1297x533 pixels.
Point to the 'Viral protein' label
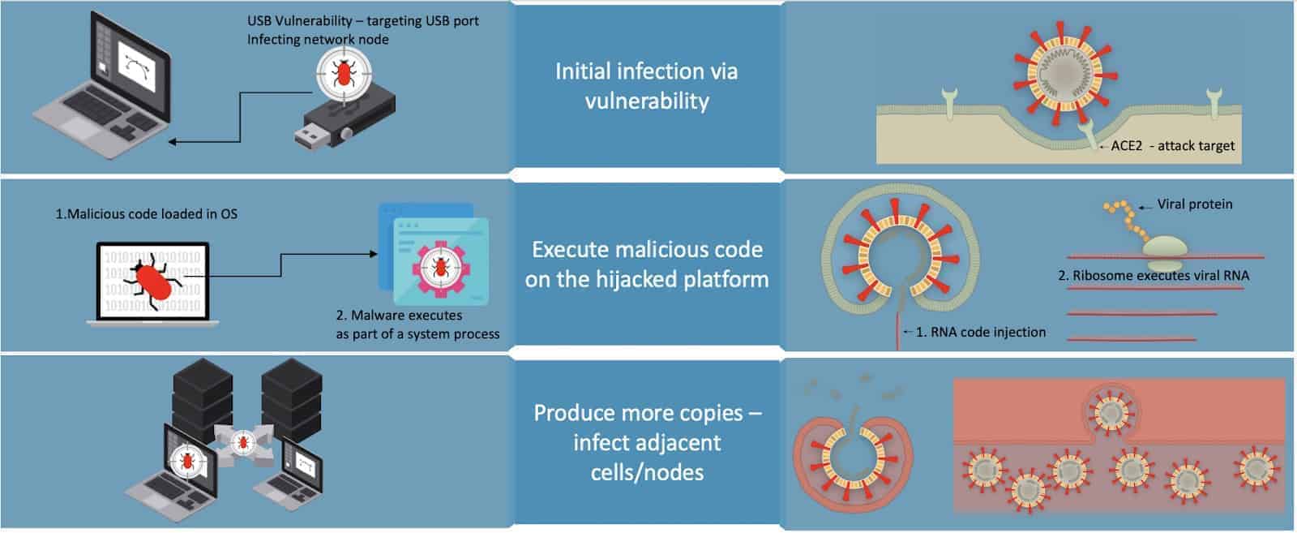[1194, 204]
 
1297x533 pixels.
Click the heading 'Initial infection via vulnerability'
[646, 86]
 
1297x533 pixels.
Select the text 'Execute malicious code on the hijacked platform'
[646, 264]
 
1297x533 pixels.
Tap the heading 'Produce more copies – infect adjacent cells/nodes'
[646, 442]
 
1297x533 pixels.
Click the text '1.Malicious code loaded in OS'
[146, 214]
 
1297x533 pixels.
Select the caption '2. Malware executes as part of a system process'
[417, 325]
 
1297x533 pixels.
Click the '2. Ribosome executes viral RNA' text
[1153, 276]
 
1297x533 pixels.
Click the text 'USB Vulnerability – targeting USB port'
[362, 21]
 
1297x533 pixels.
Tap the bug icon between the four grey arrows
[242, 442]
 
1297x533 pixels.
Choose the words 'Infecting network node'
[318, 40]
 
